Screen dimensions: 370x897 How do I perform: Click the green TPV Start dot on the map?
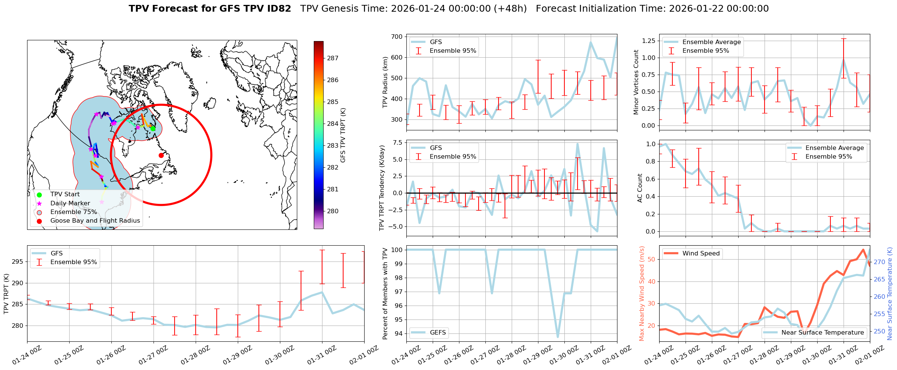[x=153, y=128]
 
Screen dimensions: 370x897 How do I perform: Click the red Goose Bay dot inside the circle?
[x=161, y=155]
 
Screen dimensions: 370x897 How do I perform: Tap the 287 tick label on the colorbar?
[x=333, y=58]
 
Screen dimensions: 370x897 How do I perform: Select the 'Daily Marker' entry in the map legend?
[x=70, y=203]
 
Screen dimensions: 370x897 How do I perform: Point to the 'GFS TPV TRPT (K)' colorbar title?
[x=343, y=135]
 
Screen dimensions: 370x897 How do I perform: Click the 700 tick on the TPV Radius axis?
[x=397, y=37]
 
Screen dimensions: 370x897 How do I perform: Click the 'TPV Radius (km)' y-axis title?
[x=385, y=82]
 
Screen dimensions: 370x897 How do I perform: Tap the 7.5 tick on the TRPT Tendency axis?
[x=398, y=142]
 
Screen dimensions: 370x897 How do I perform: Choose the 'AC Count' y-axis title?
[x=640, y=188]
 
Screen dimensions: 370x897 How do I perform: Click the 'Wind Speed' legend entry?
[x=701, y=254]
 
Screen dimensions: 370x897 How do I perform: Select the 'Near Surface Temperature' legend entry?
[x=822, y=332]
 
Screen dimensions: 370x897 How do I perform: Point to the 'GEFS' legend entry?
[x=438, y=332]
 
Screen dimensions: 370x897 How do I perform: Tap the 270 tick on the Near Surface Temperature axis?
[x=879, y=262]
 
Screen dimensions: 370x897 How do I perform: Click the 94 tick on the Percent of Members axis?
[x=398, y=333]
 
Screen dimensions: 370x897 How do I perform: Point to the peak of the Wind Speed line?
[x=863, y=249]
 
